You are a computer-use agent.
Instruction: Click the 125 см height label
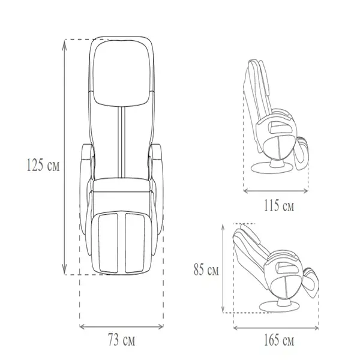pos(43,165)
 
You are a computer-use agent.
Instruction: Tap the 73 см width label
pos(121,340)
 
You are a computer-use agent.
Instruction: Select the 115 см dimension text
pos(279,205)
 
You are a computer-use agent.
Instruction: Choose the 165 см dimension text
pos(279,340)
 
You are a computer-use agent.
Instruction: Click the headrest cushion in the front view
pos(121,73)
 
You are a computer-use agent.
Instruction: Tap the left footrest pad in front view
pos(108,243)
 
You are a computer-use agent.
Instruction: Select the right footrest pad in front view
pos(135,243)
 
